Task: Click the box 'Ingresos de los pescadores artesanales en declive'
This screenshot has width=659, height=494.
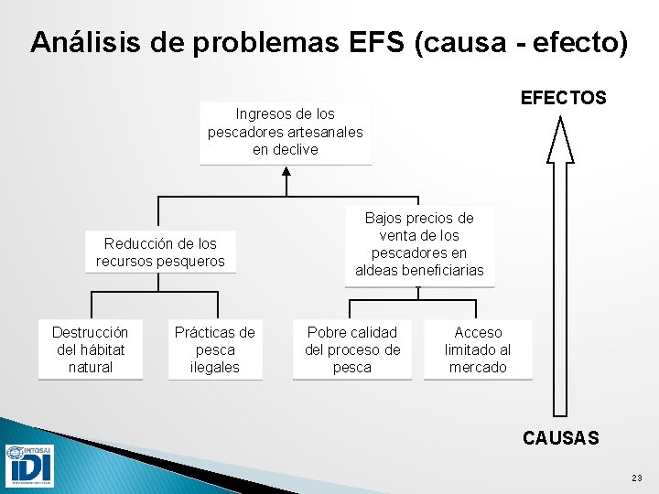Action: pos(285,133)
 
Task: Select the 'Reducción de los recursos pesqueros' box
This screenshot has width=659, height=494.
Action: pos(160,252)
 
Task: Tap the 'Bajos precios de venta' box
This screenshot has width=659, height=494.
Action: pos(419,245)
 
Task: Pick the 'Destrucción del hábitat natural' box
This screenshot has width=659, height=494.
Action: pos(90,349)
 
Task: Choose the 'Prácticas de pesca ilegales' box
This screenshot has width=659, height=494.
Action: pos(215,349)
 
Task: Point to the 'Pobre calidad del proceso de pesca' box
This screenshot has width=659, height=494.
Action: pos(352,349)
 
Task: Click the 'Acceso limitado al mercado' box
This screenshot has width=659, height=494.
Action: pos(478,349)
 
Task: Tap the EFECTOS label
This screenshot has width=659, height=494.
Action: pos(563,98)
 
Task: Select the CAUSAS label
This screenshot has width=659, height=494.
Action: pos(561,438)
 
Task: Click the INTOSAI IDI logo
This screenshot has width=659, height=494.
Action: pos(29,465)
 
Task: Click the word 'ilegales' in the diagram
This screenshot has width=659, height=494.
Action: pos(215,367)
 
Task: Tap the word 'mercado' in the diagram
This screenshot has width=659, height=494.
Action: pos(478,367)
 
